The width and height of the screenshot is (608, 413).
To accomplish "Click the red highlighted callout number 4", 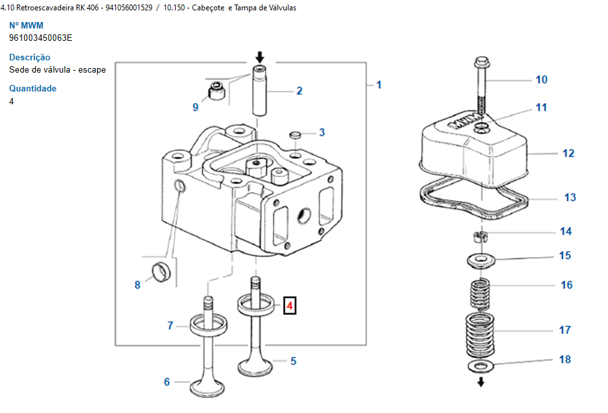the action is coord(289,305).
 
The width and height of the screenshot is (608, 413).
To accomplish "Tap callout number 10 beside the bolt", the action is coord(541,80).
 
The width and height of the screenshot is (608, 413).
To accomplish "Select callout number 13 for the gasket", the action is coord(570,197).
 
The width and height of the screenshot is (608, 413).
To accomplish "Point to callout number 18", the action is coord(565,359).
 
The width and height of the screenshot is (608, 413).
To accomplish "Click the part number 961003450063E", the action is coord(41,38).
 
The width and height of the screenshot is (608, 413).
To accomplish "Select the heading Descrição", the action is coord(29,57).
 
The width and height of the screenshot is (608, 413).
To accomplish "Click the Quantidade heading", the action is coord(32,88).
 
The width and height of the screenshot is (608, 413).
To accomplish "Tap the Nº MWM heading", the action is coord(26,25).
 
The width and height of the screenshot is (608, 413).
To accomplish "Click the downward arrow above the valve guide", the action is coord(260,58).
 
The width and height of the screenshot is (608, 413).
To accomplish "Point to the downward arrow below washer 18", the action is coord(481,382).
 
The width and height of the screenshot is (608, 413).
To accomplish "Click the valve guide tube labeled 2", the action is coord(259,90).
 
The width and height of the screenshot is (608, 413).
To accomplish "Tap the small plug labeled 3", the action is coord(296,135).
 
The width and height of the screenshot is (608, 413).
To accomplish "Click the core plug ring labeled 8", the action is coord(161,272).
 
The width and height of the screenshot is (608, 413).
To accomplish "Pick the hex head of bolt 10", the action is coord(482,62).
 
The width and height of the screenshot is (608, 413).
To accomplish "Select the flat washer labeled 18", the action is coord(481,366).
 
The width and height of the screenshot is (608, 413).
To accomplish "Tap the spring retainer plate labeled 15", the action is coord(481,261).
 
